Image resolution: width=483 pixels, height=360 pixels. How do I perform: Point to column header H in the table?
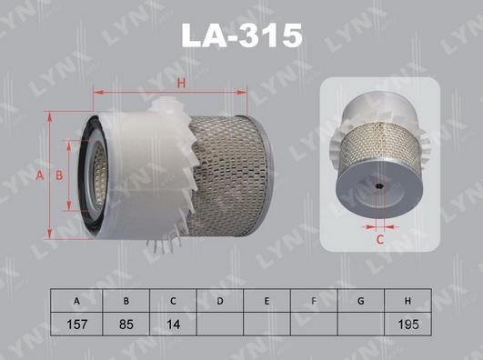[408, 300]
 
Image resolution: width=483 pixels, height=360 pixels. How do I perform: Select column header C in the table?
[172, 300]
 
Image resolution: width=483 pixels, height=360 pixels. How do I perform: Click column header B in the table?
[124, 300]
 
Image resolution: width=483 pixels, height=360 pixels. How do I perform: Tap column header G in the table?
[361, 300]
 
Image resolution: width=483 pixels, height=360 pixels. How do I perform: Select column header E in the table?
[267, 300]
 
